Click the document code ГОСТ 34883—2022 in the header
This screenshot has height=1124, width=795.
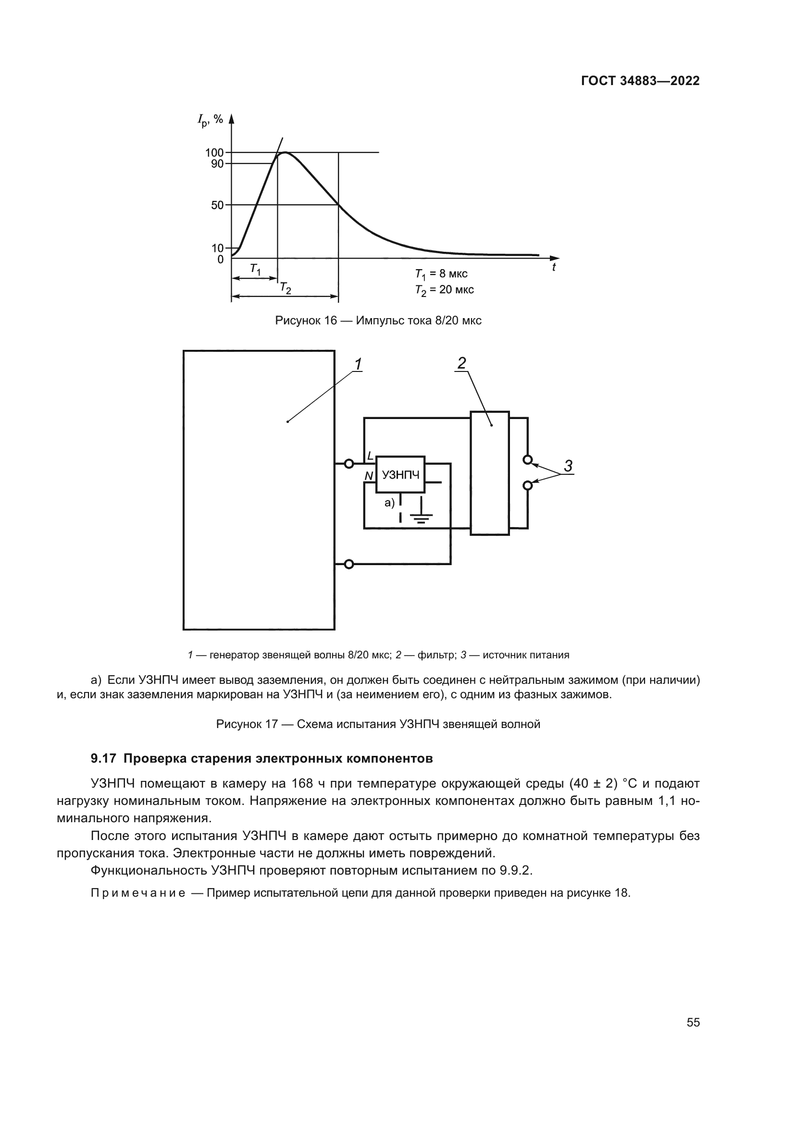pyautogui.click(x=640, y=81)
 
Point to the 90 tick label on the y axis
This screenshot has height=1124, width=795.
pyautogui.click(x=217, y=164)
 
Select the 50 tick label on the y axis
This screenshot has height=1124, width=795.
pyautogui.click(x=217, y=205)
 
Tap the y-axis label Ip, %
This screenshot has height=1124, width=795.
pyautogui.click(x=210, y=119)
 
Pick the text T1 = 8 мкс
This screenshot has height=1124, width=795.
pyautogui.click(x=441, y=273)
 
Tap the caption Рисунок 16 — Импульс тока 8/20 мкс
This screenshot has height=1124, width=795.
pyautogui.click(x=378, y=321)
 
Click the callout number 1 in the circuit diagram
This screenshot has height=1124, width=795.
pyautogui.click(x=358, y=364)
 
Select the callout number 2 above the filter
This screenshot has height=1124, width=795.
pyautogui.click(x=461, y=363)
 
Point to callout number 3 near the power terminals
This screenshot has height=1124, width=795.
pyautogui.click(x=568, y=466)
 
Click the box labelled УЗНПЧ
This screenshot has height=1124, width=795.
pyautogui.click(x=400, y=474)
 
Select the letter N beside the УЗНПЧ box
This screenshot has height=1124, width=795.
pyautogui.click(x=369, y=476)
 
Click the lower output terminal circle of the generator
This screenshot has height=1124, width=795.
pyautogui.click(x=348, y=565)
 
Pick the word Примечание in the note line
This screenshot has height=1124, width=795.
pyautogui.click(x=138, y=893)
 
